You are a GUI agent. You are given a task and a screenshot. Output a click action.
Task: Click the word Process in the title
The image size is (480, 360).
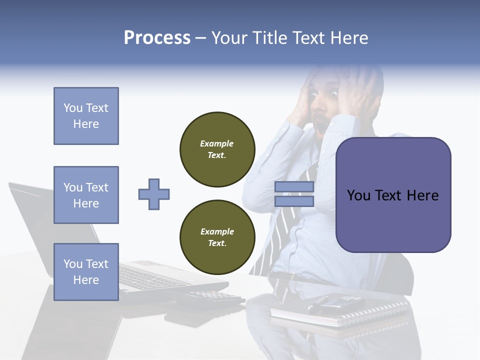coord(157,38)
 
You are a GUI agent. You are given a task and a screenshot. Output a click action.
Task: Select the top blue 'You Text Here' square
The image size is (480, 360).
coord(86,116)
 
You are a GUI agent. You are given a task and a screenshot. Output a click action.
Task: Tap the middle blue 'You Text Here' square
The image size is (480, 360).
coord(86,195)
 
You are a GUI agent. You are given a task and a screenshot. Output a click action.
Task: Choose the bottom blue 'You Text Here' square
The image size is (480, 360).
coord(86,271)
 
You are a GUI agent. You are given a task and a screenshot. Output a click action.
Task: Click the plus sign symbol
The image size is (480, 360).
coord(154,194)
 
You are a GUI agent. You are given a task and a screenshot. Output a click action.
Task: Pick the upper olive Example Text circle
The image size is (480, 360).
coord(217,149)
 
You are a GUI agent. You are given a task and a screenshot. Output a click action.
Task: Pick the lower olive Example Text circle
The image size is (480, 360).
coord(217,237)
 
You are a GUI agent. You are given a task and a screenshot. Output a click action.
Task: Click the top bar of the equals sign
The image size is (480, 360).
coord(294,187)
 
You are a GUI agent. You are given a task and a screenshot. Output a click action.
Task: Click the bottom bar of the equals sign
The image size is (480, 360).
coord(294,201)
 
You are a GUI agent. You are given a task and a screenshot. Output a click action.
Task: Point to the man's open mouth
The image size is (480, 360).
coord(320,121)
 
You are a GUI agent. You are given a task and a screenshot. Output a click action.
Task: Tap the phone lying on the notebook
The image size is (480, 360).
coord(340,301)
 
